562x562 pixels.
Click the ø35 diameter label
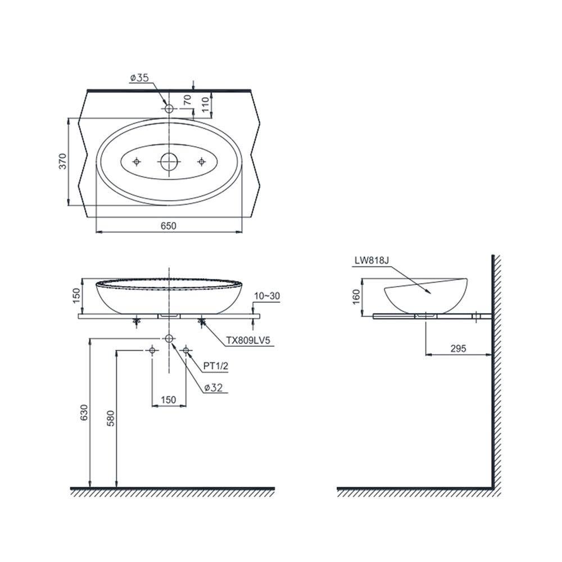coord(139,78)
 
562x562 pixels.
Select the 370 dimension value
coord(63,161)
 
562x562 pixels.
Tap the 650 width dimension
coord(169,226)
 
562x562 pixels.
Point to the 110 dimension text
coord(205,105)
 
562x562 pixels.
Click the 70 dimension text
coord(188,100)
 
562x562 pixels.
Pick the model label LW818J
coord(371,261)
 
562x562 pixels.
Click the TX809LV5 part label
coord(248,341)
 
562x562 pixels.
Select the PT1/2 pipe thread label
coord(216,366)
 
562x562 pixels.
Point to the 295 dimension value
coord(459,348)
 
